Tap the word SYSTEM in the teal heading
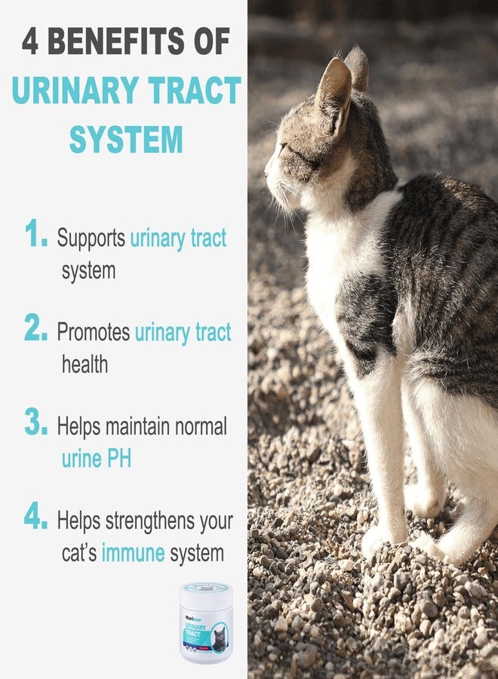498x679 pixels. pos(126,140)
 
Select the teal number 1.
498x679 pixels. pos(36,235)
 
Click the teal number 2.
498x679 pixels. pos(36,328)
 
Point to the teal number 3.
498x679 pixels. pos(36,422)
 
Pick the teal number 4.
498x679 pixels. pos(36,516)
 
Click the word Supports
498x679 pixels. pos(91,238)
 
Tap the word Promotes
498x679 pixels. pos(94,333)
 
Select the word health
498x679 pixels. pos(85,364)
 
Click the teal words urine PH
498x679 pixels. pos(96,458)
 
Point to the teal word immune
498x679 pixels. pos(133,553)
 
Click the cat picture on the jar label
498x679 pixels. pos(218,639)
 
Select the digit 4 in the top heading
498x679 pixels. pos(30,41)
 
